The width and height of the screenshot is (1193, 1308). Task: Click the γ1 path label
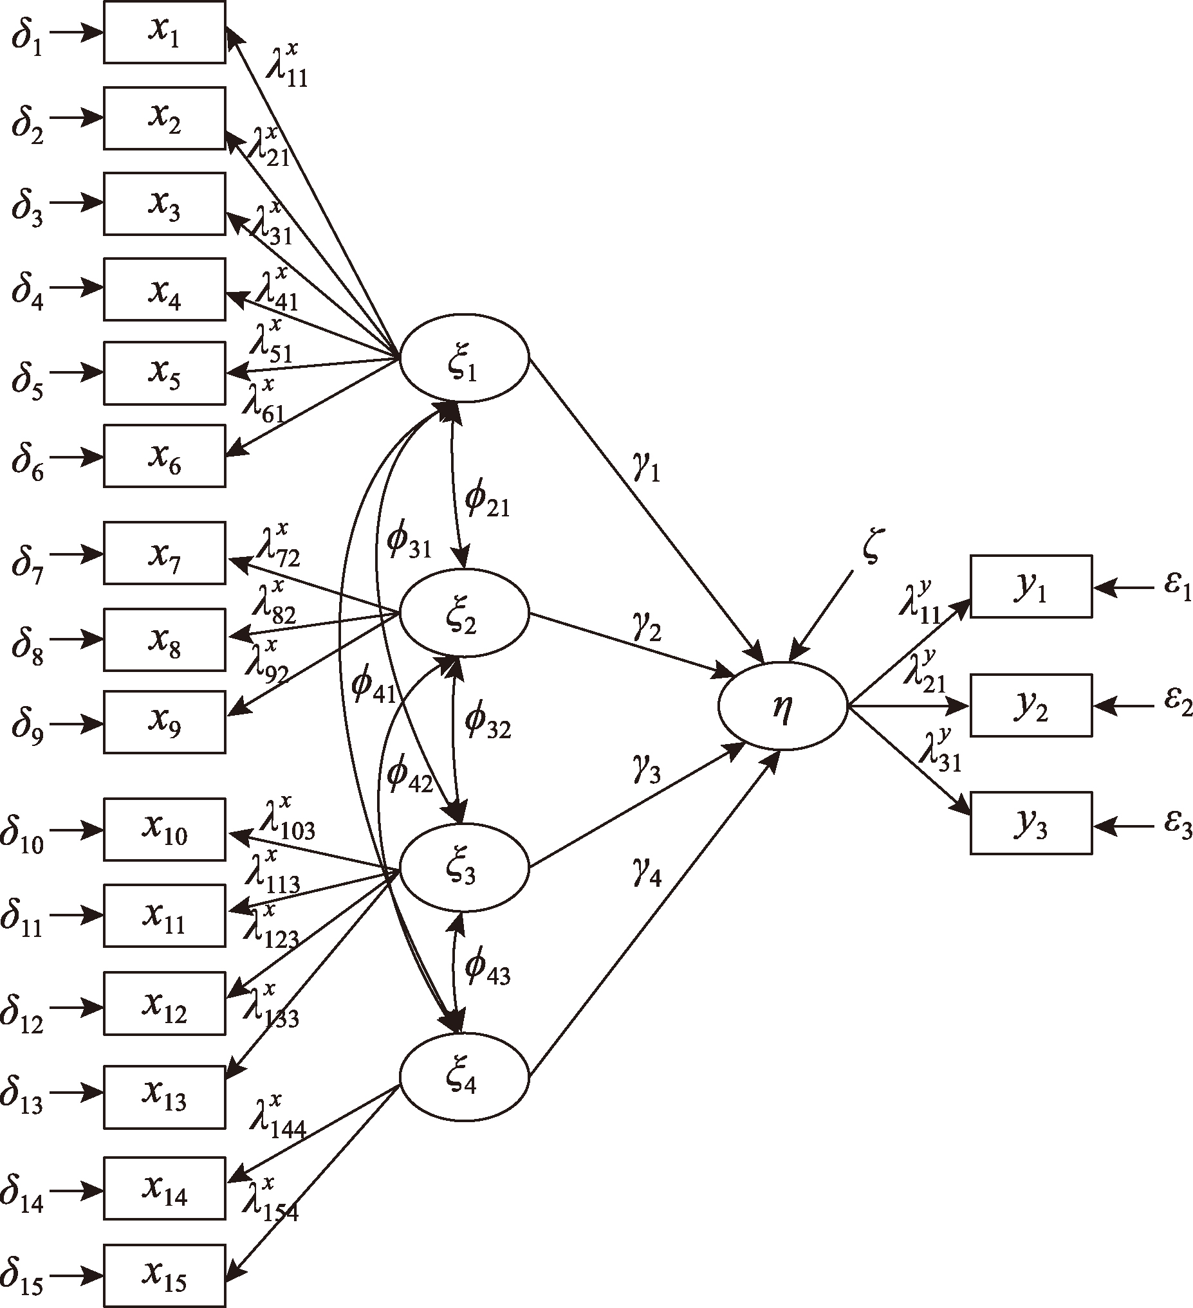point(646,468)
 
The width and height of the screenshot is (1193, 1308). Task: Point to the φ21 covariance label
point(487,500)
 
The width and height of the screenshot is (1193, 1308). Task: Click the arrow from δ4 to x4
point(77,289)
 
